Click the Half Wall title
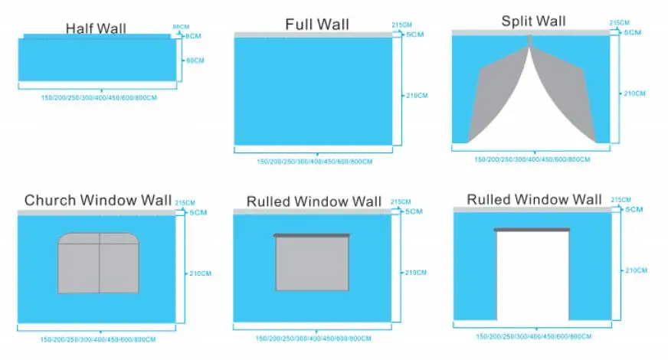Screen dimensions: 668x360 click(96, 29)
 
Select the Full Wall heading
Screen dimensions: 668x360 click(316, 25)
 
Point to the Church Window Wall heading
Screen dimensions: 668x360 click(97, 201)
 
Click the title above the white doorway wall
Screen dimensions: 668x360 click(534, 200)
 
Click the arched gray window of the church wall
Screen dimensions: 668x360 click(99, 263)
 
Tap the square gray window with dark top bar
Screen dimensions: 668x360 click(312, 263)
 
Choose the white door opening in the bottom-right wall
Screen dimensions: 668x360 click(532, 276)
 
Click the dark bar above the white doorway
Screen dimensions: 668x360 click(532, 229)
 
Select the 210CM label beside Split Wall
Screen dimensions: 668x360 click(634, 93)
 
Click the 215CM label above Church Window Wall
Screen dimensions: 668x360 click(185, 203)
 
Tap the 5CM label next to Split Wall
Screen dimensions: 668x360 click(632, 32)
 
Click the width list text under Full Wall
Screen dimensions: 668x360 click(314, 162)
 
